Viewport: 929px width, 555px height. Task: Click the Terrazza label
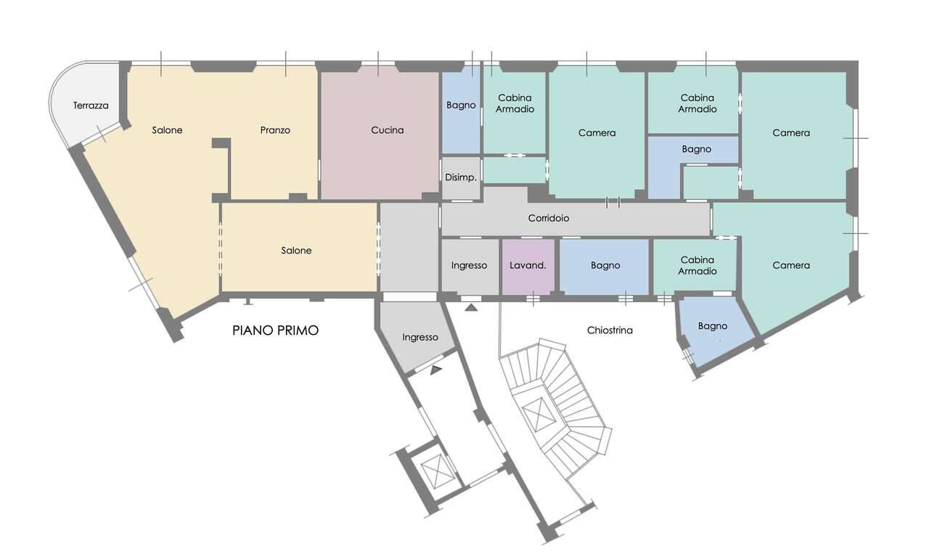(x=91, y=105)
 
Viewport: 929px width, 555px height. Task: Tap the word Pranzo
(x=275, y=130)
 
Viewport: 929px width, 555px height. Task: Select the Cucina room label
(x=388, y=130)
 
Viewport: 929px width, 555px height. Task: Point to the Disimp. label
(x=461, y=177)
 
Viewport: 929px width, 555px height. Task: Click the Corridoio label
(x=548, y=218)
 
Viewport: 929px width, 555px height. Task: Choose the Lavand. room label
(x=528, y=265)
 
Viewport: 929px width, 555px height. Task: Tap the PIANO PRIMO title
(x=275, y=331)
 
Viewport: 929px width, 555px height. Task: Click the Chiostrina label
(x=610, y=331)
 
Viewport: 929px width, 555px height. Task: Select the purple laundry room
(x=528, y=267)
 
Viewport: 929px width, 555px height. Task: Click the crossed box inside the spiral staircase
(x=539, y=414)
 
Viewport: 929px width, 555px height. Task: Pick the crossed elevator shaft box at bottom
(x=438, y=471)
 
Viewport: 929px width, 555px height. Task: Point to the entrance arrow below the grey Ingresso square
(x=471, y=307)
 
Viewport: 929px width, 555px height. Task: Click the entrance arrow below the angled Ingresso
(x=436, y=370)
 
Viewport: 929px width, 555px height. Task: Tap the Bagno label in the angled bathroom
(x=713, y=326)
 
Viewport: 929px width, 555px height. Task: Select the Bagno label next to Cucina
(x=461, y=105)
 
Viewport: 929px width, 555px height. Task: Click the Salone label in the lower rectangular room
(x=296, y=251)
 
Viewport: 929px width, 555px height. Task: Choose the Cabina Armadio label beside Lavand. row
(x=697, y=265)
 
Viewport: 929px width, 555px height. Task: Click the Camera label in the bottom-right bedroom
(x=791, y=265)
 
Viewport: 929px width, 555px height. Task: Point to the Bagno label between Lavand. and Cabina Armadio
(x=605, y=265)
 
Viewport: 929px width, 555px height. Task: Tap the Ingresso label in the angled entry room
(x=420, y=337)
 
